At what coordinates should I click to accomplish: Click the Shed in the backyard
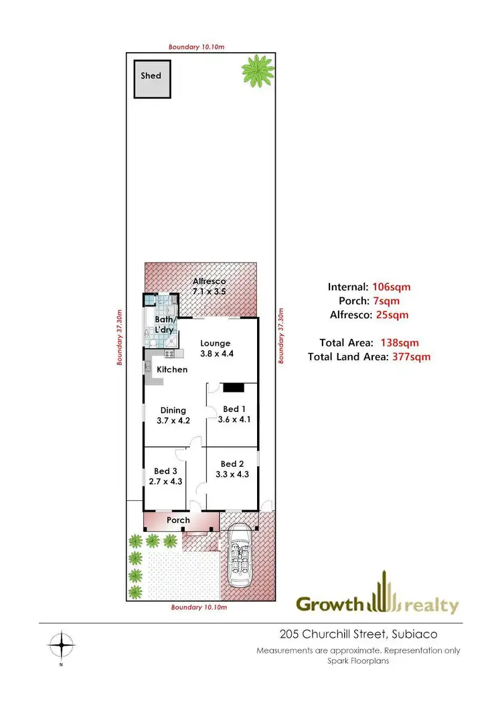[x=151, y=79]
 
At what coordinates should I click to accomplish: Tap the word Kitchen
[x=172, y=370]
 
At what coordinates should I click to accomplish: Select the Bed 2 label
[x=232, y=469]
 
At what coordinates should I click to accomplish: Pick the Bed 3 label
[x=165, y=476]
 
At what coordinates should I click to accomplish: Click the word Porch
[x=179, y=520]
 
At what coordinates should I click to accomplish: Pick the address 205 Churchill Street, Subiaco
[x=353, y=634]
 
